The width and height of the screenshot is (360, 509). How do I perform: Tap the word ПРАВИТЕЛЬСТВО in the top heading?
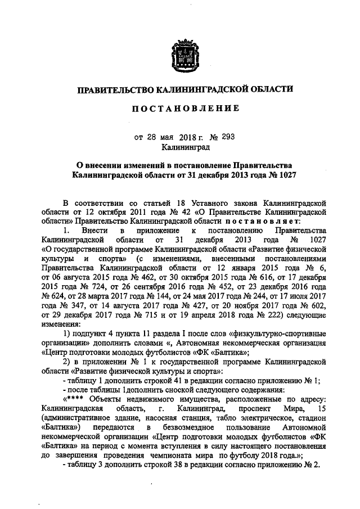point(115,89)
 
